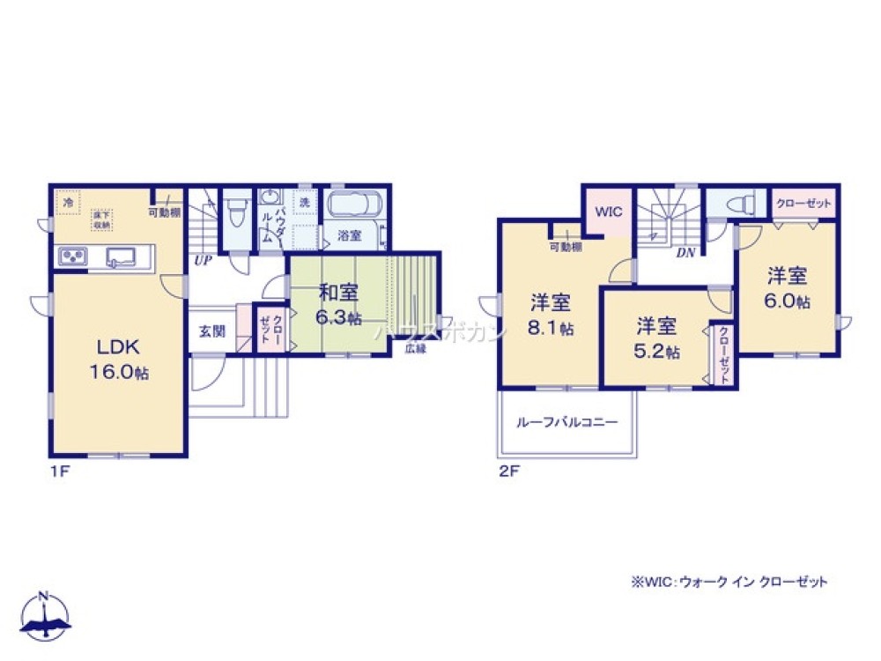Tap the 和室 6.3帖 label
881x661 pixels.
coord(339,304)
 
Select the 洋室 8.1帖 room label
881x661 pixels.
coord(552,315)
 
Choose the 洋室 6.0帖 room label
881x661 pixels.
coord(788,288)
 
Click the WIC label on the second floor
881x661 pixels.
coord(609,212)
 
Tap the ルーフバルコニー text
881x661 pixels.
coord(566,422)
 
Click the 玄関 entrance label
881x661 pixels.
coord(211,332)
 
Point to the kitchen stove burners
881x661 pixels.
coord(72,256)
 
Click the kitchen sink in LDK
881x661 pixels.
coord(121,256)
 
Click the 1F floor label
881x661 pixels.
coord(58,472)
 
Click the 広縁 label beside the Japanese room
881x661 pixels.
coord(415,349)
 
